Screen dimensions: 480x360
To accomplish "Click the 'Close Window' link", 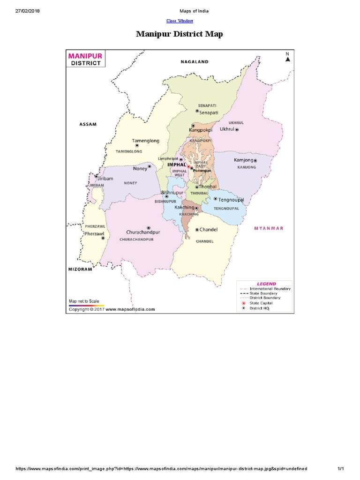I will point(180,21).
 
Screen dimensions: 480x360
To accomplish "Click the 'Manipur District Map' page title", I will point(180,34).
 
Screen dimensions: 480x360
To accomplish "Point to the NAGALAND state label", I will point(195,62).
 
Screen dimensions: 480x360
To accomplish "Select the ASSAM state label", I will point(88,124).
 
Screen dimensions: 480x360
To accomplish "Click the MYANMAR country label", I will point(269,228).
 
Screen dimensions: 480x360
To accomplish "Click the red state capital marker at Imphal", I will point(188,166).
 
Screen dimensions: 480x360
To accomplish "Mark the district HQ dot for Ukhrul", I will point(237,129).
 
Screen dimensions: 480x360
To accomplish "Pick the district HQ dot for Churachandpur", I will point(149,227).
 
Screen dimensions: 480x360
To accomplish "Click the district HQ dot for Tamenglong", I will point(137,145).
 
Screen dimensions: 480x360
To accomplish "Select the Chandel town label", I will point(209,230).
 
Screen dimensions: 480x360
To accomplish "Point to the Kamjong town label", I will point(243,160).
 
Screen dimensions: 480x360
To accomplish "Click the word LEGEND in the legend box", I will point(266,284).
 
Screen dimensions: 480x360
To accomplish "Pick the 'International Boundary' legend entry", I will point(270,289).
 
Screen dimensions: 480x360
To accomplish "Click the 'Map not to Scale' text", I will point(84,300).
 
